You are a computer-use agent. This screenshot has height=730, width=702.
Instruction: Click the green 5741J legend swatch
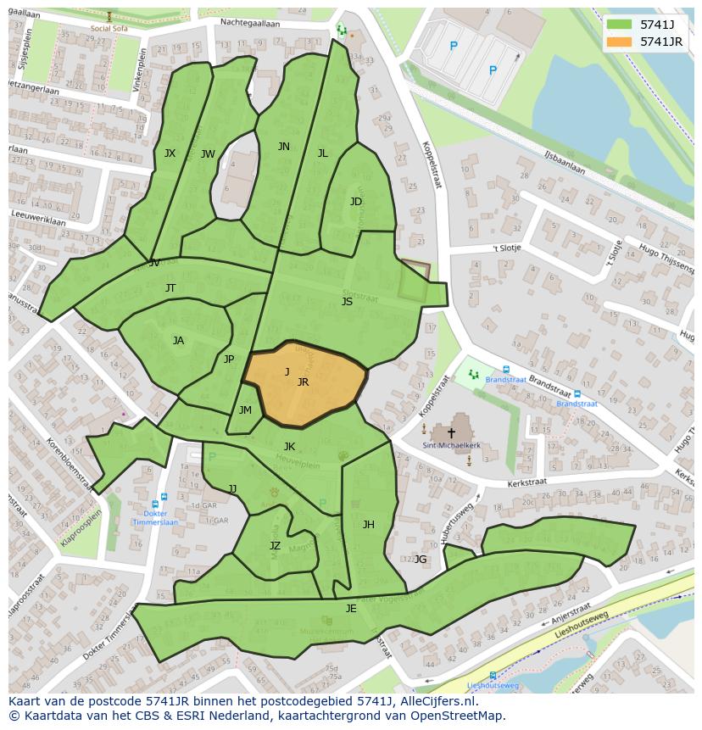point(620,25)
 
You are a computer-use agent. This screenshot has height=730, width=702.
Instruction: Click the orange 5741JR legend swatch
point(620,42)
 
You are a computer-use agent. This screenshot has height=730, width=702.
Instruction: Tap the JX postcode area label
point(170,153)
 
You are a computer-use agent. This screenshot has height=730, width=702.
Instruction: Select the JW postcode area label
point(208,154)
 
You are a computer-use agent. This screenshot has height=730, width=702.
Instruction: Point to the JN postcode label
point(284,147)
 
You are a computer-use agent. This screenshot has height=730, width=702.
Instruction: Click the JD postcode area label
point(356,202)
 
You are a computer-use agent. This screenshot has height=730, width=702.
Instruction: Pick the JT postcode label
point(170,288)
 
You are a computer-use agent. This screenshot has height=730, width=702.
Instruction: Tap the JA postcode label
point(178,341)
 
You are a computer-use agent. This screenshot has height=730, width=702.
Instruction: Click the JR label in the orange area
point(303,382)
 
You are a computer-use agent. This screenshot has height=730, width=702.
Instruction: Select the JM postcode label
point(245,410)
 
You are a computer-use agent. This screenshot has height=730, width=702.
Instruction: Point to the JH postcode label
point(368,525)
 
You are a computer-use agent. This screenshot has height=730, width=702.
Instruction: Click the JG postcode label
point(421,559)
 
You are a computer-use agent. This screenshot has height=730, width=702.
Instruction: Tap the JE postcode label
point(351,609)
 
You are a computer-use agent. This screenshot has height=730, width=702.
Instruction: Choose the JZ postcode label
point(275,546)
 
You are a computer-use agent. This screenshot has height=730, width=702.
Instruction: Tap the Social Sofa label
point(109,28)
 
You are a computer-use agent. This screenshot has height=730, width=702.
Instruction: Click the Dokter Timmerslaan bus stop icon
point(163,498)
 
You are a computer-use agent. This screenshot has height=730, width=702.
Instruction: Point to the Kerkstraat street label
point(526,482)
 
